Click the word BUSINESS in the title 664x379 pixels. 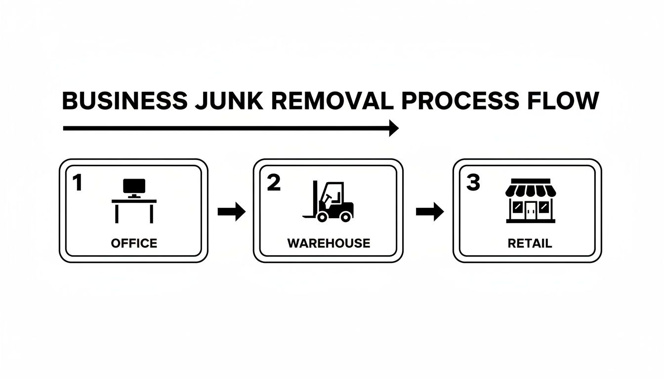coord(124,101)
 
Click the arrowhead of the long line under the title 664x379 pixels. coord(394,128)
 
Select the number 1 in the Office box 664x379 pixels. coord(77,183)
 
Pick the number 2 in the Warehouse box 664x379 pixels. coord(273,183)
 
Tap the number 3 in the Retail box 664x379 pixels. coord(473,183)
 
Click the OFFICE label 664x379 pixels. coord(134,243)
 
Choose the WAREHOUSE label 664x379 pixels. coord(329,243)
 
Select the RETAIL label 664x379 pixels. coord(530,243)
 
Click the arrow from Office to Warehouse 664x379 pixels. coord(232,212)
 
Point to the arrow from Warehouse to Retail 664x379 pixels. coord(430,212)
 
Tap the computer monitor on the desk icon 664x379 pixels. coord(134,187)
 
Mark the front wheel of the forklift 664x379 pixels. coord(323,216)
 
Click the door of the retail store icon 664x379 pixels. coord(531,210)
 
